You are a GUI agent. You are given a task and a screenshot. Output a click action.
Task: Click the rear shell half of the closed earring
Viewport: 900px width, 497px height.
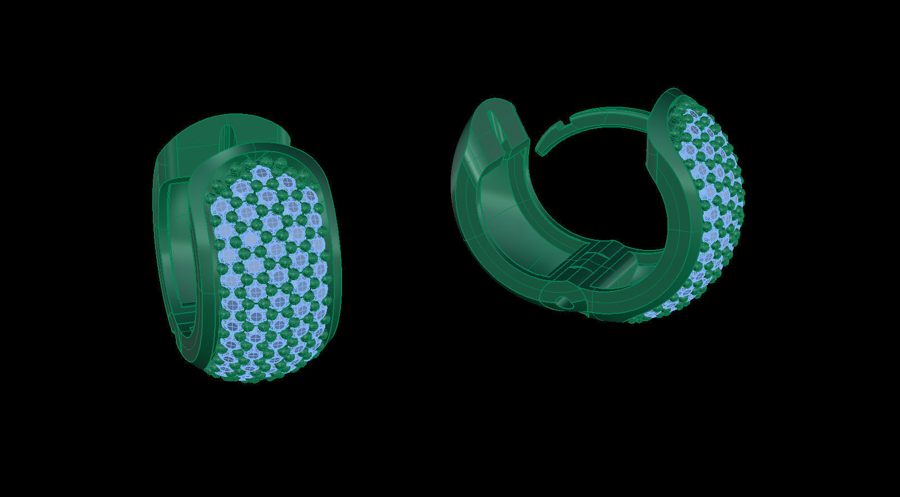[169, 168]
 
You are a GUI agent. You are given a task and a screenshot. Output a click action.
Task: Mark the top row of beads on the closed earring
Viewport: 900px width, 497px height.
[264, 163]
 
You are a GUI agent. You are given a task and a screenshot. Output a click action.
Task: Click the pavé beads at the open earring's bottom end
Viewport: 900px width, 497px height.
[646, 318]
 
